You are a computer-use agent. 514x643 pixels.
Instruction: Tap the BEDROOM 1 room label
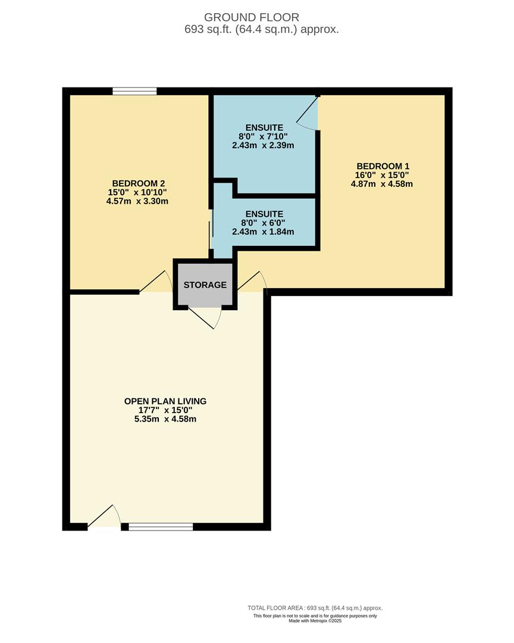click(x=383, y=166)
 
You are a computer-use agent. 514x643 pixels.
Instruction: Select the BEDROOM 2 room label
click(x=138, y=183)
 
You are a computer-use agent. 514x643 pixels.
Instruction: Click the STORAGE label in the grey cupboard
click(x=205, y=285)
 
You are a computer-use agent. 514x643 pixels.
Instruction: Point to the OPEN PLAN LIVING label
click(x=165, y=401)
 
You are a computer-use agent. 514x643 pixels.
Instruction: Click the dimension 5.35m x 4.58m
click(x=165, y=419)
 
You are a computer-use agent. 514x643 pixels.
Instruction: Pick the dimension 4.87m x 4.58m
click(x=383, y=184)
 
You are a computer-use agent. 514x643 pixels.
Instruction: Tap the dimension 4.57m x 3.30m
click(x=138, y=201)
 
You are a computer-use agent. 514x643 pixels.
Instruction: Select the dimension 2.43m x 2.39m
click(x=263, y=145)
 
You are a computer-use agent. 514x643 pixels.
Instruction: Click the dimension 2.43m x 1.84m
click(x=263, y=232)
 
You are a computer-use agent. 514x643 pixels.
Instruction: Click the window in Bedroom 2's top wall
click(x=135, y=91)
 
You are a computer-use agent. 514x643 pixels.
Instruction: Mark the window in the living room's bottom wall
click(x=161, y=526)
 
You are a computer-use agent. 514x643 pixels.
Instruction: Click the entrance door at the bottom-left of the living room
click(x=104, y=517)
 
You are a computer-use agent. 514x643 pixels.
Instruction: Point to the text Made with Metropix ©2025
click(x=315, y=621)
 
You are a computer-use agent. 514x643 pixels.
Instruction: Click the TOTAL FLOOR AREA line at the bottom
click(x=315, y=608)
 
